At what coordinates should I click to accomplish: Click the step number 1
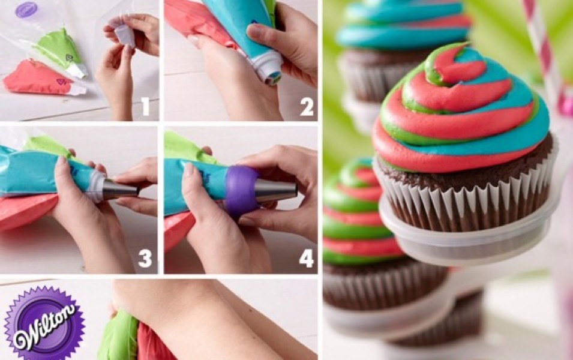[x=145, y=106]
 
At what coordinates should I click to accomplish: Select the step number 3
[x=145, y=258]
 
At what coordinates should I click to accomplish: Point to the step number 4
[x=307, y=258]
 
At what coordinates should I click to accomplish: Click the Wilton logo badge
[x=44, y=323]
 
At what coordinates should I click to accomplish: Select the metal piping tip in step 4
[x=275, y=191]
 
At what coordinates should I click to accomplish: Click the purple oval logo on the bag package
[x=26, y=10]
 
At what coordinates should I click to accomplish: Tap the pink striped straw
[x=544, y=55]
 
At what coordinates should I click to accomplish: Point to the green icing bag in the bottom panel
[x=119, y=336]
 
